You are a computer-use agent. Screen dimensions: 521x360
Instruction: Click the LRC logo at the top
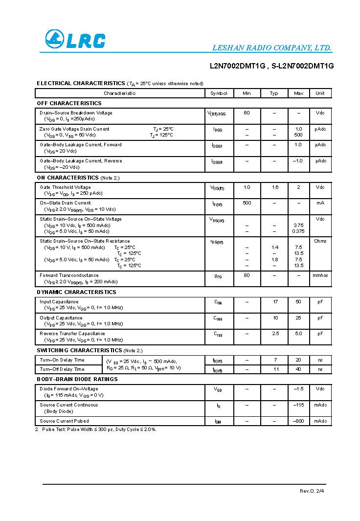75,39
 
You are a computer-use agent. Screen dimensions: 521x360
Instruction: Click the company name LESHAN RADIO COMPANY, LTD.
271,48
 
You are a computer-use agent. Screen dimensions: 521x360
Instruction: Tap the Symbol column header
219,93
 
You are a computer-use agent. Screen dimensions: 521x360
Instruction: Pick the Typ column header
274,93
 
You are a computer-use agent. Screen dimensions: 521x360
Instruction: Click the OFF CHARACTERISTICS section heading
69,103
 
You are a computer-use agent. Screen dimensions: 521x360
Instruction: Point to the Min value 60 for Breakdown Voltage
247,113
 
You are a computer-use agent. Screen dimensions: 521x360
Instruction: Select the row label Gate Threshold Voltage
65,187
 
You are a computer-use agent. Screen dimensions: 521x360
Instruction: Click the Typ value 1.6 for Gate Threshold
275,187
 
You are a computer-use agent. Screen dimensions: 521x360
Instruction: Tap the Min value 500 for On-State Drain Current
247,203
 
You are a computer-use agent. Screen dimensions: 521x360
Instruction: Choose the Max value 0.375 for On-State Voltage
298,231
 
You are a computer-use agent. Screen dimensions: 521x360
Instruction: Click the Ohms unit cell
320,241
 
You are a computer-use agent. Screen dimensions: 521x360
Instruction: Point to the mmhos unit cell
320,275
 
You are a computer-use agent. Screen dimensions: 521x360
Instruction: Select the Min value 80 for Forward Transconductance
247,275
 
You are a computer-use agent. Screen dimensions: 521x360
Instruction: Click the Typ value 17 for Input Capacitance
275,302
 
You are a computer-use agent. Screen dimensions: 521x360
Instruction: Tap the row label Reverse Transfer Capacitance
72,334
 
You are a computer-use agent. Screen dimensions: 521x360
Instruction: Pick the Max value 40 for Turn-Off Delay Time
298,369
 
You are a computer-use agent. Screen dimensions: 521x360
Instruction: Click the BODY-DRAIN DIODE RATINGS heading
77,379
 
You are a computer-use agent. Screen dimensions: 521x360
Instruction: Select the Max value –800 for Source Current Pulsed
298,421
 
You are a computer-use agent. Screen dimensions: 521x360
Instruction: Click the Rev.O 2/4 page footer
312,491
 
